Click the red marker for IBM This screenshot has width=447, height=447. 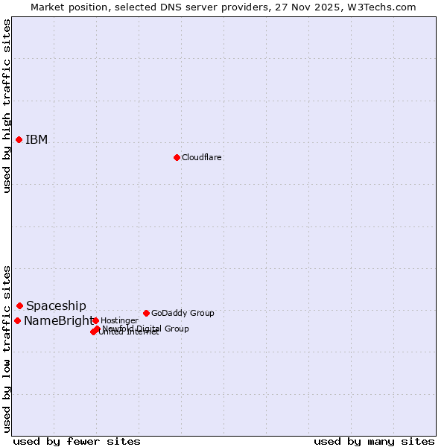19,139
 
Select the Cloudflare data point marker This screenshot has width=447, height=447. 177,157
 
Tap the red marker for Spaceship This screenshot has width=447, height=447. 20,305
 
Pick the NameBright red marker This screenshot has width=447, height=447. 17,320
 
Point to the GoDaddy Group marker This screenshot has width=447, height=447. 146,313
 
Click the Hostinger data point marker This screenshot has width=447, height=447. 95,320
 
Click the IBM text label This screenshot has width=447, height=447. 37,140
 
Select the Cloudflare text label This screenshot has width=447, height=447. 201,158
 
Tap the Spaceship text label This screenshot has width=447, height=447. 56,306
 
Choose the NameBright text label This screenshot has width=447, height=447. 58,321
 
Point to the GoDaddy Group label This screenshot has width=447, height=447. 183,314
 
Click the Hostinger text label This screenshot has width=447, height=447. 119,321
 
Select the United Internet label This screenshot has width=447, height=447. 128,332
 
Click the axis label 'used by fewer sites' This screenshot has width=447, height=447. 77,441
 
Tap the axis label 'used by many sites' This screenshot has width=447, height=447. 374,441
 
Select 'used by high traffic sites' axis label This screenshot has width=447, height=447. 7,106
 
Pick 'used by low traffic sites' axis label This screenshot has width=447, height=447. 7,349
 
